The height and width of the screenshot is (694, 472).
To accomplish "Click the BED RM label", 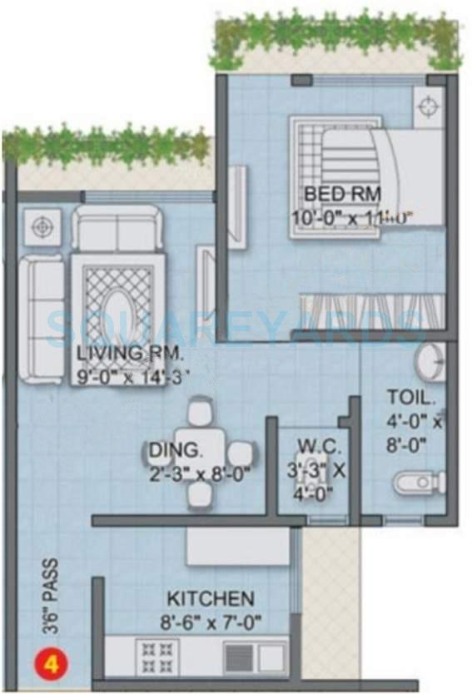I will pyautogui.click(x=342, y=194).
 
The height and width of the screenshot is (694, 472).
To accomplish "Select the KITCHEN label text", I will pyautogui.click(x=210, y=598).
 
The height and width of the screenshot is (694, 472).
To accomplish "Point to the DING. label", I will pyautogui.click(x=175, y=451).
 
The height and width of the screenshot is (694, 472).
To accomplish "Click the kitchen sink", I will pyautogui.click(x=254, y=657).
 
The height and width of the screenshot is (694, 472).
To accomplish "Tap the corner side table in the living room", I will pyautogui.click(x=41, y=226).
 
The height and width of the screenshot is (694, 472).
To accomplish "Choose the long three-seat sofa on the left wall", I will pyautogui.click(x=40, y=316).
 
